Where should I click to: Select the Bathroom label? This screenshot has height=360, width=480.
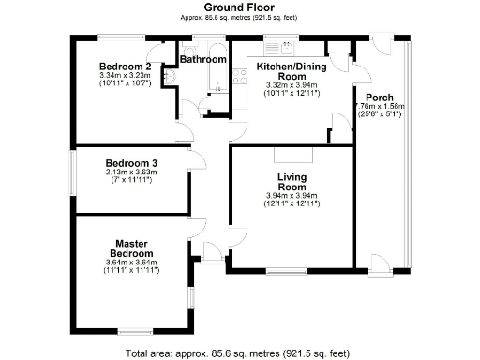(203, 60)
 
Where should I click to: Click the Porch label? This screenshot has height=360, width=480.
(380, 97)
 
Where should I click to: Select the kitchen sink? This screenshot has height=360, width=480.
(278, 47)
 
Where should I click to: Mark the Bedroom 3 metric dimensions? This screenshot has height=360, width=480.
(130, 172)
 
